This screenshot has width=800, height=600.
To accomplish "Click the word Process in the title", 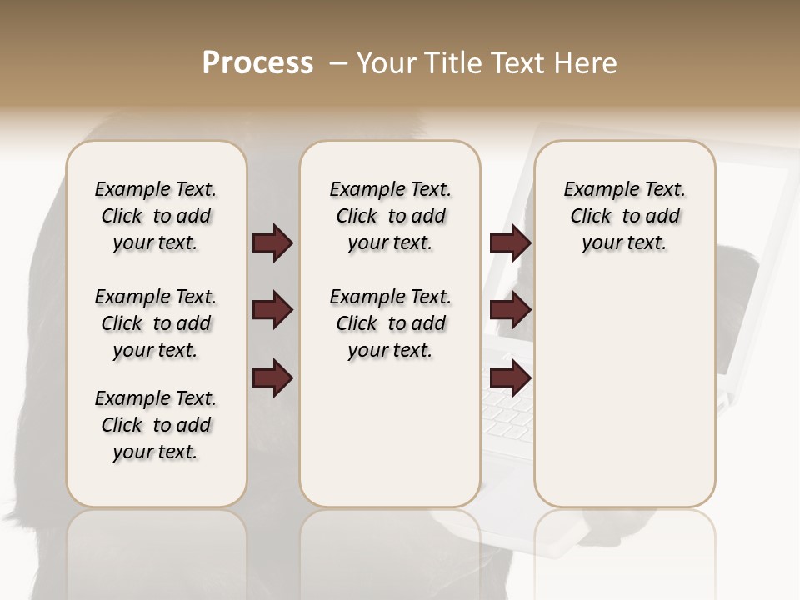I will (x=257, y=63).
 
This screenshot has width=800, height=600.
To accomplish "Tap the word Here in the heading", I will (x=585, y=63).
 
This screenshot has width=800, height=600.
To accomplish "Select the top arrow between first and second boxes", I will (x=272, y=242).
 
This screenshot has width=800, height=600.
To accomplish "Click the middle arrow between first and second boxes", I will (x=272, y=310).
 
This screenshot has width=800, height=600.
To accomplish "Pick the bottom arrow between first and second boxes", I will (x=272, y=378).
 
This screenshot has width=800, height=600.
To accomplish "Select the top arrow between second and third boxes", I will (x=510, y=242).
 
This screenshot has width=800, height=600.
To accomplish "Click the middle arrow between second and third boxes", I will (x=510, y=310).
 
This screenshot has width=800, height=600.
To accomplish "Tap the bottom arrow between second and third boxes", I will (x=510, y=378).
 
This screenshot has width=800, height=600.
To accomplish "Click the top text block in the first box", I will (x=156, y=216).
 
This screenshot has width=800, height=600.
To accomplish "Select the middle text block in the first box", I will (x=156, y=323).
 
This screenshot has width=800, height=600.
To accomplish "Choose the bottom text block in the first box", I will (x=156, y=425).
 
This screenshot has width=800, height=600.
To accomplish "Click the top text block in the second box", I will (x=390, y=216).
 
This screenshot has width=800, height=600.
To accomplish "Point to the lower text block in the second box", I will (x=390, y=323).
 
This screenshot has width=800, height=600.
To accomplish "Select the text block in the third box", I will (x=624, y=216).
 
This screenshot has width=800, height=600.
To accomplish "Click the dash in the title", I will (x=338, y=63).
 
